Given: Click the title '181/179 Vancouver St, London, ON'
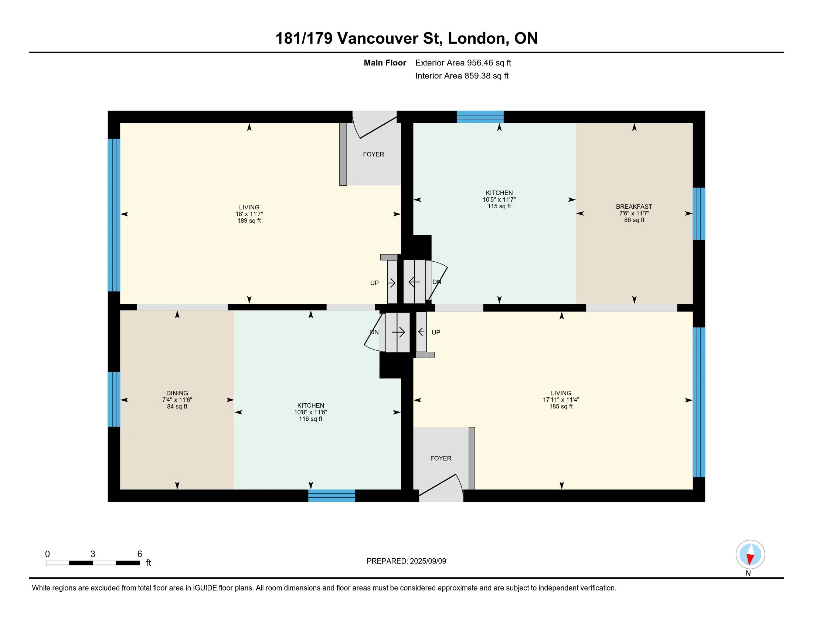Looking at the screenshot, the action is click(x=406, y=38).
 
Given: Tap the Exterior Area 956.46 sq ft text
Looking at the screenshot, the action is click(x=463, y=63).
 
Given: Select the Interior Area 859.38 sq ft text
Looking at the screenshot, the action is click(x=462, y=75).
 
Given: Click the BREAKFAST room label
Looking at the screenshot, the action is click(x=634, y=206).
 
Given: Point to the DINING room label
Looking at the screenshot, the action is click(x=177, y=393).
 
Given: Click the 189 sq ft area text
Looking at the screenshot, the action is click(x=249, y=221).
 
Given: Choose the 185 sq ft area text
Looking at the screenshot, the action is click(x=561, y=407).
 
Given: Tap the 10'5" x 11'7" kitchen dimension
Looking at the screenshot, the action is click(x=499, y=199).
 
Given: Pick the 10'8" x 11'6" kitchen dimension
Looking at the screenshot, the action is click(x=310, y=412).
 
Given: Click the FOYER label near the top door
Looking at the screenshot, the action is click(x=373, y=154).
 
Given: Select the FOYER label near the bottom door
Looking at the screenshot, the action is click(x=441, y=458).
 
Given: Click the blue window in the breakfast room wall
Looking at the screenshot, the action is click(x=699, y=213).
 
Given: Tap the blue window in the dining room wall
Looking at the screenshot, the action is click(x=114, y=400).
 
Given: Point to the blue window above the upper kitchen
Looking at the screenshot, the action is click(x=480, y=117).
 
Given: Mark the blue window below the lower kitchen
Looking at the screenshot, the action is click(x=332, y=495).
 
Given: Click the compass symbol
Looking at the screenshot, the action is click(x=750, y=555).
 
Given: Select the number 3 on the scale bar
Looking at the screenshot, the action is click(x=93, y=554).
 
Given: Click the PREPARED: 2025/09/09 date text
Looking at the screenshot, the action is click(x=406, y=561).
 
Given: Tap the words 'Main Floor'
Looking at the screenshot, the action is click(x=385, y=63).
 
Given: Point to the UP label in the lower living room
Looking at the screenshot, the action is click(x=436, y=332).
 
